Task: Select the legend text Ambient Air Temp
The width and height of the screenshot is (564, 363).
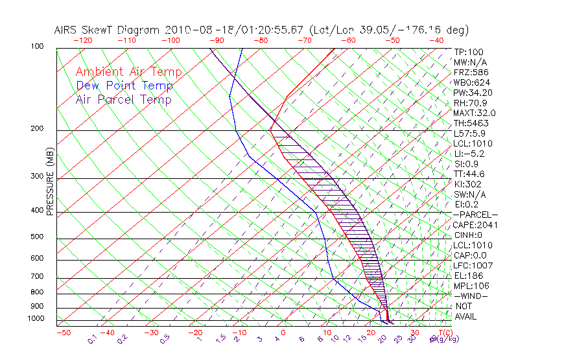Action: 129,72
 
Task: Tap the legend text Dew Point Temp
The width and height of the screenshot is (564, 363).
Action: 124,86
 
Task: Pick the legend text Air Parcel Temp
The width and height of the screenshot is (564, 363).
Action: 124,99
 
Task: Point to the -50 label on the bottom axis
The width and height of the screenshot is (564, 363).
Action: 63,333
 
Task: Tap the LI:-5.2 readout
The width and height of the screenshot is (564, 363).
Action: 469,154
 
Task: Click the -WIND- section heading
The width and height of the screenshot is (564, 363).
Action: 471,296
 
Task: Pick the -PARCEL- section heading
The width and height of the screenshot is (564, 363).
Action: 475,215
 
